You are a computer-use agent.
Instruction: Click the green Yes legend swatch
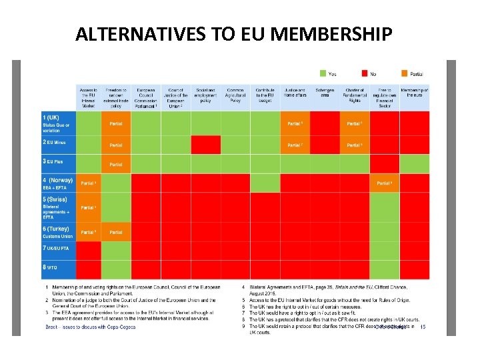323,73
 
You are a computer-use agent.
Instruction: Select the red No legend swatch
365,73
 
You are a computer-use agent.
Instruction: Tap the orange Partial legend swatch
405,73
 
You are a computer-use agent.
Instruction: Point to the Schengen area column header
325,93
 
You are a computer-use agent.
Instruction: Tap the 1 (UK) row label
52,118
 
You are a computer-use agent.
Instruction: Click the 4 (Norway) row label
59,180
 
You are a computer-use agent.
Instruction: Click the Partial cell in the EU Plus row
116,164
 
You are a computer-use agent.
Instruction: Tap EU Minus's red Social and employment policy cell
205,145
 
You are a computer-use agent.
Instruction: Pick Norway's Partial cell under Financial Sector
384,183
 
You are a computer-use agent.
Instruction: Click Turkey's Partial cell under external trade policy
116,232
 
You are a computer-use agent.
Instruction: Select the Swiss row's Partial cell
88,207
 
